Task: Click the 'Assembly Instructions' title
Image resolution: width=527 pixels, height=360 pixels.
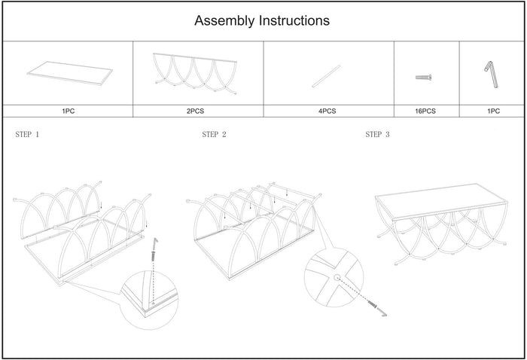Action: (262, 21)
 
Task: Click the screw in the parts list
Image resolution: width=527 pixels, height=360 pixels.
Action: (425, 77)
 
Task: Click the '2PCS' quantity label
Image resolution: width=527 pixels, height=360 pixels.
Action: (197, 111)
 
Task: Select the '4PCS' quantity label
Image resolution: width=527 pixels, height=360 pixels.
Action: (327, 111)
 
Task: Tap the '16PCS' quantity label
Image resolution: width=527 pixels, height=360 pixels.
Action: (426, 111)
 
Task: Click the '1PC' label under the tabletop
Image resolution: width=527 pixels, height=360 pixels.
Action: (69, 111)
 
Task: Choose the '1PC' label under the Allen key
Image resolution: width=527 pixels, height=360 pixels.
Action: (493, 111)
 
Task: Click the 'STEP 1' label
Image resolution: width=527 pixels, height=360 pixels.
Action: (28, 136)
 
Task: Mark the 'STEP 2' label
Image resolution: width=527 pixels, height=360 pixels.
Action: (214, 136)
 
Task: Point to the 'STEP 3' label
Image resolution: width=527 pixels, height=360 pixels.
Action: (377, 136)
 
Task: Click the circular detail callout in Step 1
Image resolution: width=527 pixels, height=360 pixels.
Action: (150, 299)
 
